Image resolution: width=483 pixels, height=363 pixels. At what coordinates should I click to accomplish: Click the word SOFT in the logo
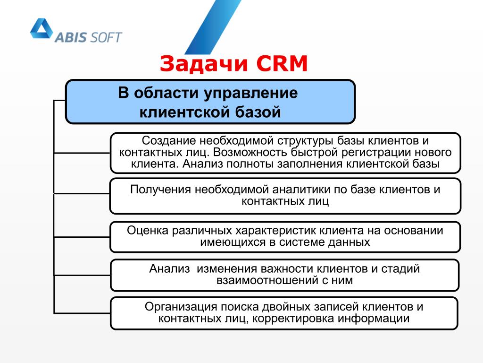coord(105,37)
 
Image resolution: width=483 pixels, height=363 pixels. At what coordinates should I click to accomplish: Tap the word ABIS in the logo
coord(71,37)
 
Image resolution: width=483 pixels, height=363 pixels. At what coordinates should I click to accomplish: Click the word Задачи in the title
coord(204,64)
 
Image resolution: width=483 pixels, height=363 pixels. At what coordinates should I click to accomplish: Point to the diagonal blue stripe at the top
coord(213,27)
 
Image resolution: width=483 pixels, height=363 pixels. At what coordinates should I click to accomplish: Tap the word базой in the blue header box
coord(258,112)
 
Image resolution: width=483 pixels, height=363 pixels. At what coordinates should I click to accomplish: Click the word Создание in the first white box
coord(168,141)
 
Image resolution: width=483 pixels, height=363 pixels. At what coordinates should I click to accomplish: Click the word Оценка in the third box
coord(148,231)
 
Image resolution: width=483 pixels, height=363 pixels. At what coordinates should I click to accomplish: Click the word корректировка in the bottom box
coord(293,319)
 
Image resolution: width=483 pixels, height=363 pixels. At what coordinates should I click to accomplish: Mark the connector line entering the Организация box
coord(82,313)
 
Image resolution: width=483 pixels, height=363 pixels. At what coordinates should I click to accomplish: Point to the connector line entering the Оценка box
coord(82,237)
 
